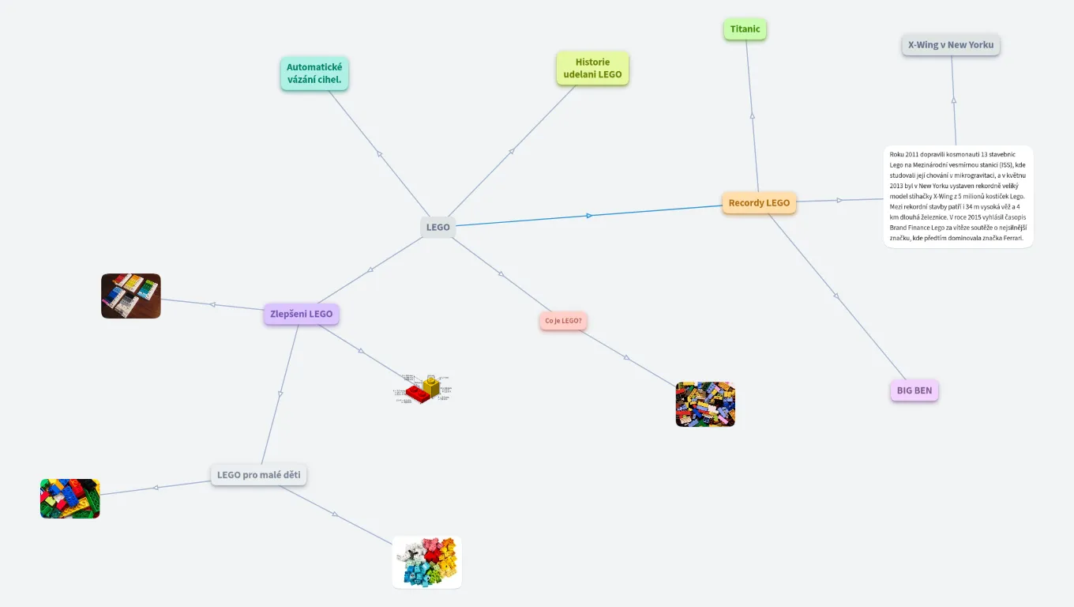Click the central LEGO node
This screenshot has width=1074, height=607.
(x=437, y=227)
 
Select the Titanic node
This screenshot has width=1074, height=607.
(x=745, y=29)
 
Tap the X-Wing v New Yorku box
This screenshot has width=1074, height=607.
(x=951, y=45)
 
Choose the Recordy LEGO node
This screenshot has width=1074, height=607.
(x=759, y=203)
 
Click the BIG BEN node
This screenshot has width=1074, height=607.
(x=914, y=390)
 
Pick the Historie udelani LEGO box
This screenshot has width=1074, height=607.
(x=592, y=68)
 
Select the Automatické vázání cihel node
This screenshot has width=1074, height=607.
(x=314, y=74)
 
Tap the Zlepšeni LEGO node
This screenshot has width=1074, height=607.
(x=301, y=315)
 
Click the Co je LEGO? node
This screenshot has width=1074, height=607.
(x=563, y=321)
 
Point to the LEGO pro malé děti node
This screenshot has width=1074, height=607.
(x=258, y=475)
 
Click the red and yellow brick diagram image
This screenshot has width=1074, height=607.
(x=423, y=390)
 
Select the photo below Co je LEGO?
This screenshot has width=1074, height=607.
(x=705, y=405)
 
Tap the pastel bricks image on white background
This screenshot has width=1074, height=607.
(x=426, y=562)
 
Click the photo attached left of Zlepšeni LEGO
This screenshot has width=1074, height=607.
(x=131, y=296)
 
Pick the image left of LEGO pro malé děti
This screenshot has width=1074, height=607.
(x=70, y=499)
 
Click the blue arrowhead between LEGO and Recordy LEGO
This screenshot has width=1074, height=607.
(x=589, y=215)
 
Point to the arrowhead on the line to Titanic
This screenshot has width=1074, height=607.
(x=752, y=116)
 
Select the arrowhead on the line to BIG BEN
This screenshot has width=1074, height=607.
(x=836, y=296)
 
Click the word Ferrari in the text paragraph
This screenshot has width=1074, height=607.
(x=1012, y=238)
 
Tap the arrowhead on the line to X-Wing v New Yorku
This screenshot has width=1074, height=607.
(x=953, y=100)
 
